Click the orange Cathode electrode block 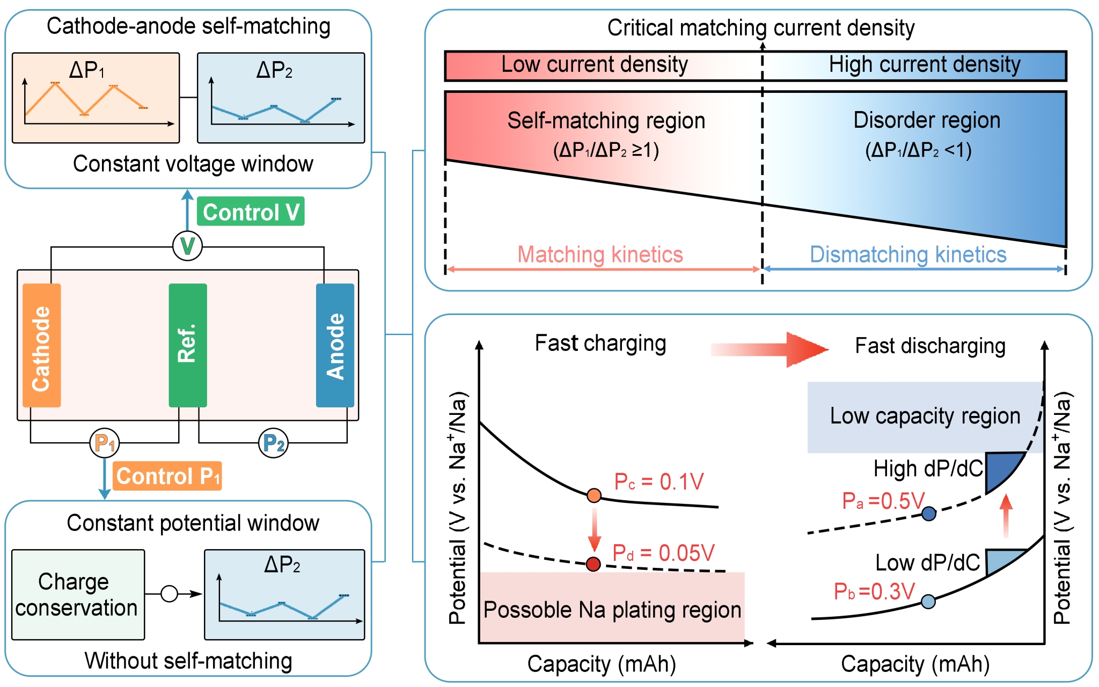pyautogui.click(x=42, y=345)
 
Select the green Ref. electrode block pyautogui.click(x=188, y=345)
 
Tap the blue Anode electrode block pyautogui.click(x=335, y=345)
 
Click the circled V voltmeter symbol pyautogui.click(x=187, y=246)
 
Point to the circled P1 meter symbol pyautogui.click(x=105, y=443)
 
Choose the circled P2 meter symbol pyautogui.click(x=274, y=443)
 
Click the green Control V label pyautogui.click(x=251, y=212)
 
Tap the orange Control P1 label pyautogui.click(x=167, y=476)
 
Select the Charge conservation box pyautogui.click(x=78, y=595)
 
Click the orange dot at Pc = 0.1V pyautogui.click(x=594, y=495)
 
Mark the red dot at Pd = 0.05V pyautogui.click(x=593, y=564)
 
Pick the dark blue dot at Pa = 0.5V pyautogui.click(x=929, y=514)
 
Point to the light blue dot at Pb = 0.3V pyautogui.click(x=928, y=601)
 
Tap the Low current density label pyautogui.click(x=595, y=65)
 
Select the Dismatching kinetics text pyautogui.click(x=908, y=254)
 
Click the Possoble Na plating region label pyautogui.click(x=612, y=610)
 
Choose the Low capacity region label pyautogui.click(x=925, y=416)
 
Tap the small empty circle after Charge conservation pyautogui.click(x=169, y=594)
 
